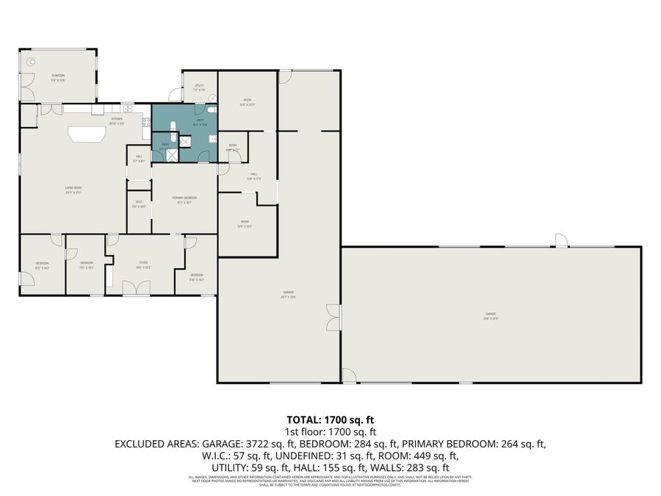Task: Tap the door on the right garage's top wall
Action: [x=561, y=240]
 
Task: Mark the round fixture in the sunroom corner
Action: [x=31, y=61]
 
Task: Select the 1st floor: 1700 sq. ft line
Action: [x=330, y=432]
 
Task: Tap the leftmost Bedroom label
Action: [x=43, y=265]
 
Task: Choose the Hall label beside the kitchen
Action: [x=139, y=157]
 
